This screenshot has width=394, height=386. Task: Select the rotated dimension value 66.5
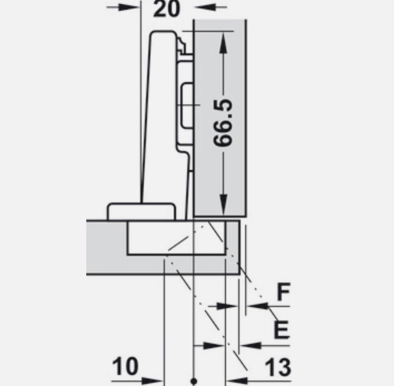click(x=223, y=122)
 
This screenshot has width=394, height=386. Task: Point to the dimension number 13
click(x=278, y=367)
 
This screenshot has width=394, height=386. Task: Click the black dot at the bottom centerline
click(x=194, y=381)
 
